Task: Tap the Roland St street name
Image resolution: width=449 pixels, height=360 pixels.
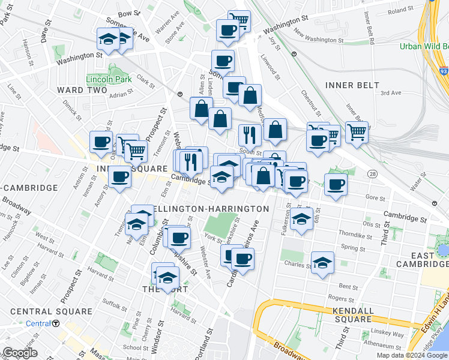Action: point(401,11)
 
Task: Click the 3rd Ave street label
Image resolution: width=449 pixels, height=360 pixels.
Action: point(390,93)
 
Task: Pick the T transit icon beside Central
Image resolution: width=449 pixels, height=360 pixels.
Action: point(56,323)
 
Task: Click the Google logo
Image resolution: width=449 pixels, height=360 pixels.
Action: point(19,353)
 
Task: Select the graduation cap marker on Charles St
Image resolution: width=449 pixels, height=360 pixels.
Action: point(323,262)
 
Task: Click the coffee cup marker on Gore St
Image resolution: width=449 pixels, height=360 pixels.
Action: point(336,184)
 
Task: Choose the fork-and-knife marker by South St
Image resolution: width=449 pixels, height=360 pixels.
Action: point(249,135)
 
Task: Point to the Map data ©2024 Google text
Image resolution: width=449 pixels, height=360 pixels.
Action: point(411,355)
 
